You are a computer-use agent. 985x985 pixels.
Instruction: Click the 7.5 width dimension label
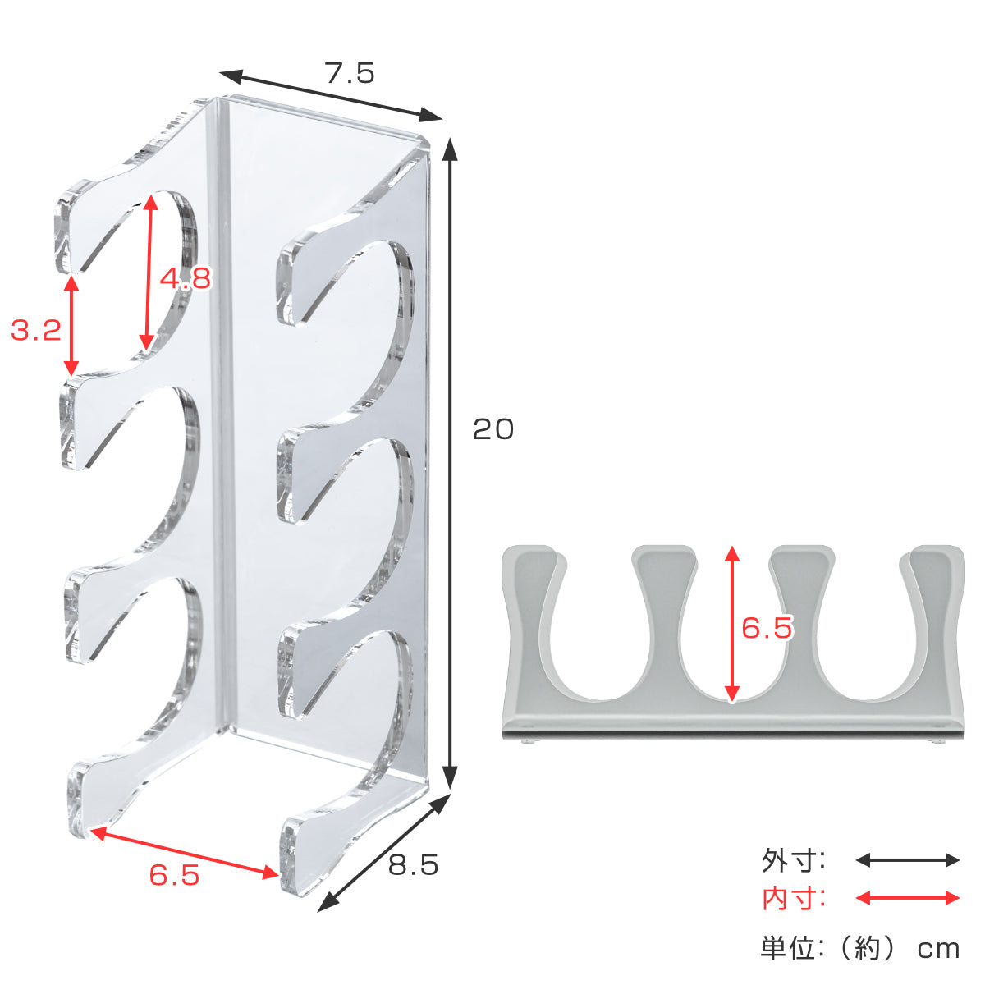click(x=350, y=73)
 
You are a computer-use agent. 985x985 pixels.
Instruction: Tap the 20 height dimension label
click(x=492, y=429)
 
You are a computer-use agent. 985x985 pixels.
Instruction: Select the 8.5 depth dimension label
click(x=413, y=865)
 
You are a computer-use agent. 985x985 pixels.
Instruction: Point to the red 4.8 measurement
click(x=185, y=278)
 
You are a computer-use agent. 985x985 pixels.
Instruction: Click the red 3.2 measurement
click(x=36, y=330)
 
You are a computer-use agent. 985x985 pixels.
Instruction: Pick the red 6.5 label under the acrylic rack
click(x=174, y=876)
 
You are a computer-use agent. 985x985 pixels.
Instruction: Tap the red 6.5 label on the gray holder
click(x=767, y=628)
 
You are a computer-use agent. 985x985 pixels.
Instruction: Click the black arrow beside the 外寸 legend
click(x=907, y=860)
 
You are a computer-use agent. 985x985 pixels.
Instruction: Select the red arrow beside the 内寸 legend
click(x=907, y=898)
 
